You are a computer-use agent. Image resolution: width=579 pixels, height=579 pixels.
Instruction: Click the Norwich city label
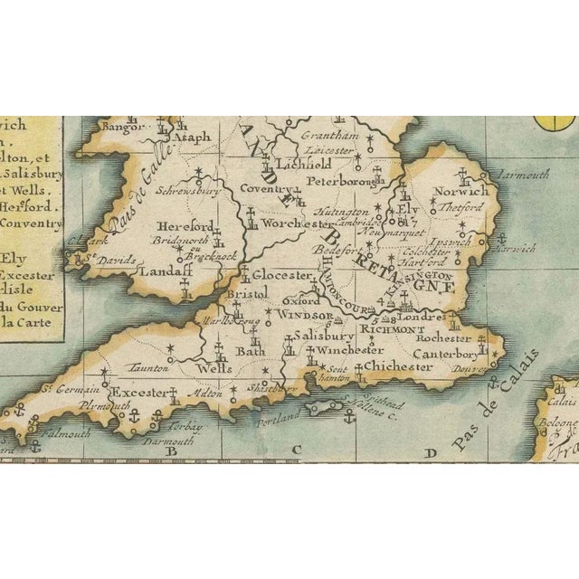tap(461, 192)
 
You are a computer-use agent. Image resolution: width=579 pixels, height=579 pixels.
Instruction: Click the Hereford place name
tap(185, 226)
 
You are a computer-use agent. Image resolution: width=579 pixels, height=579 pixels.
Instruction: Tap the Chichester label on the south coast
tap(398, 368)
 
